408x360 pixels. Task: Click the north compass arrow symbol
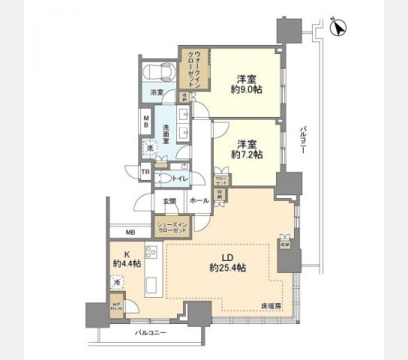point(337,28)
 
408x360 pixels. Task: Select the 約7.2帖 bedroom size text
point(247,154)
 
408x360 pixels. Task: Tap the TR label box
point(147,173)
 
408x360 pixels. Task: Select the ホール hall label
point(198,201)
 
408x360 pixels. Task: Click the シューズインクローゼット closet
point(171,227)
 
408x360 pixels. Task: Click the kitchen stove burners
point(150,253)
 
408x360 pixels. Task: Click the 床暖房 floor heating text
point(271,307)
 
